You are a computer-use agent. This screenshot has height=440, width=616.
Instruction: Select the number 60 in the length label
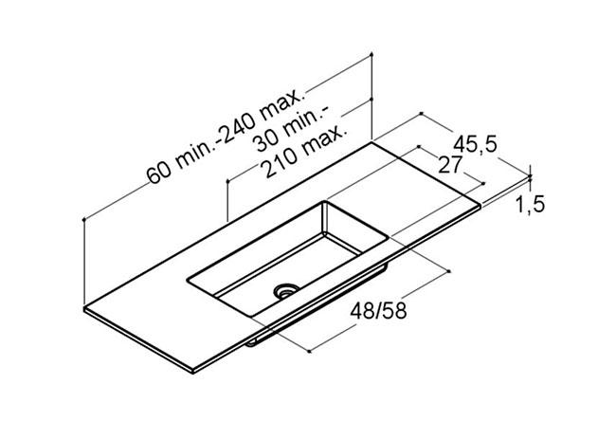[158, 173]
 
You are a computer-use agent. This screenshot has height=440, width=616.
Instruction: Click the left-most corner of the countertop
[85, 309]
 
